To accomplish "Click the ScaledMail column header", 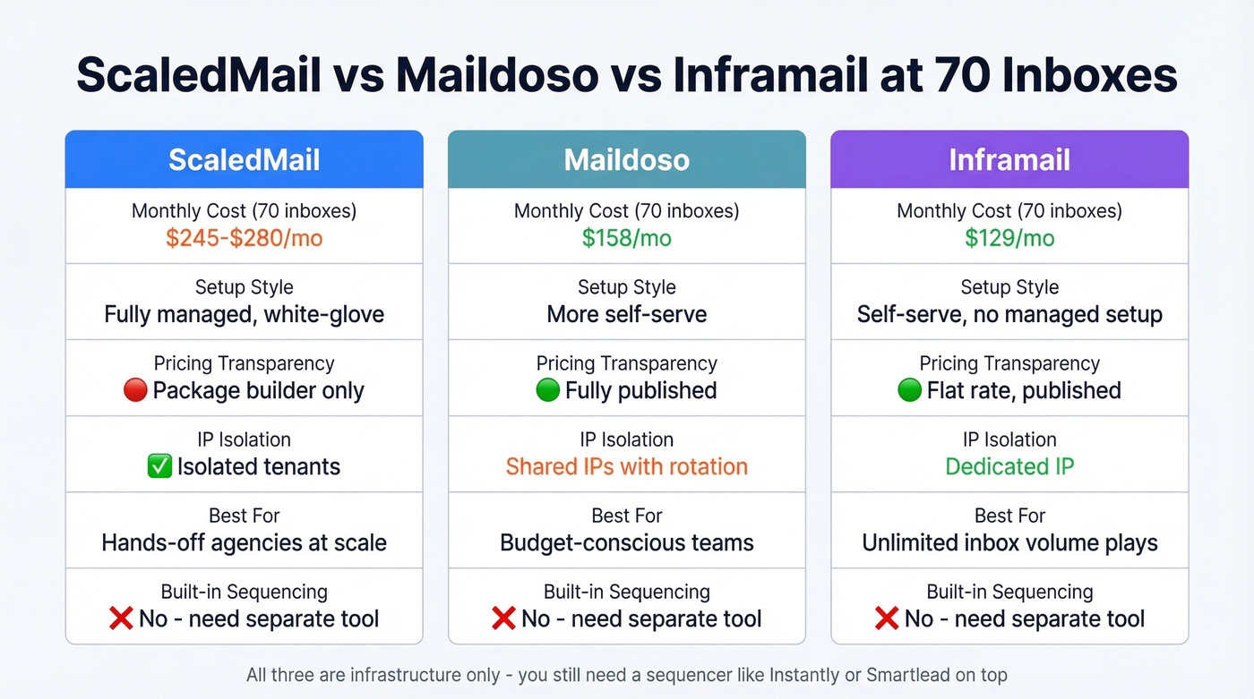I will (x=244, y=160).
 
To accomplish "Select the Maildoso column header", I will (x=626, y=160).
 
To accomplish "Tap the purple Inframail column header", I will (x=1009, y=160).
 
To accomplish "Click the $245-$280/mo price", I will (x=244, y=238).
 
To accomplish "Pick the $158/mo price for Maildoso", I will (x=626, y=238).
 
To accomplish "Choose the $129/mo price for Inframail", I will (x=1009, y=238).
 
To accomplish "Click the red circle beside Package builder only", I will (x=135, y=391).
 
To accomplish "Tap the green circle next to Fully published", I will (x=547, y=391).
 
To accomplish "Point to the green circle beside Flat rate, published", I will (x=909, y=391).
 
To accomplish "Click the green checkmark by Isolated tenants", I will (x=159, y=466).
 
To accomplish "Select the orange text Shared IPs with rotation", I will (x=626, y=466).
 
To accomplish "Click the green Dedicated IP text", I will (x=1009, y=466).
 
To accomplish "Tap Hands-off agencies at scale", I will (x=244, y=542).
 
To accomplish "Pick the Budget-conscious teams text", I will (x=626, y=542).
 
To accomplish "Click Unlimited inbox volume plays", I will (x=1009, y=542).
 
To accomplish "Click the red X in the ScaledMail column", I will (x=121, y=618).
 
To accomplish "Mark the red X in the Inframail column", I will (x=887, y=618).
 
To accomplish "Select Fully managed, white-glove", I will (x=244, y=314).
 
